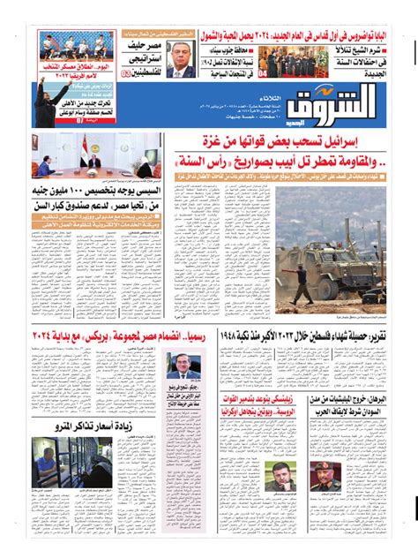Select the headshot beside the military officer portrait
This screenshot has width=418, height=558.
click(x=282, y=476)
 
